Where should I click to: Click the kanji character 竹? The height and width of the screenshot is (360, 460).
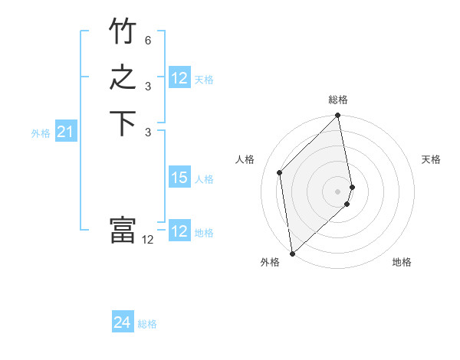123,32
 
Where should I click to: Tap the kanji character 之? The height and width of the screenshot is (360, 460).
123,79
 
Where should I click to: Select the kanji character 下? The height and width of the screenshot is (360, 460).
123,125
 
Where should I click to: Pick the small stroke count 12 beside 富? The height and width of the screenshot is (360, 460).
148,239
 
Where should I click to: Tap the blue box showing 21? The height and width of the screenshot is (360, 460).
66,133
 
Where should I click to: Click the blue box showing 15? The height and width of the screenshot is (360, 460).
179,178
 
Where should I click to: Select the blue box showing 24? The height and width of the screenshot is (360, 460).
122,323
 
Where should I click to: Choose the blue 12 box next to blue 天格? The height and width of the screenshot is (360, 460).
179,78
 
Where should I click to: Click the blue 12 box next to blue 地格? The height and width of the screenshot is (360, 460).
179,231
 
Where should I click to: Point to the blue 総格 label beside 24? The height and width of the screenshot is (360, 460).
147,324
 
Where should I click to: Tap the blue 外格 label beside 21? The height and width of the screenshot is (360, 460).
41,133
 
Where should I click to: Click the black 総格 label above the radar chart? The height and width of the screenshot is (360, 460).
338,100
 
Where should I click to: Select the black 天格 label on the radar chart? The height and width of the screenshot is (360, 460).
431,159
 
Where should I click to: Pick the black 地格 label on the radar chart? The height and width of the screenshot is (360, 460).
402,262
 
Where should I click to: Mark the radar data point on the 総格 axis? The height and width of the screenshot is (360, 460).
338,116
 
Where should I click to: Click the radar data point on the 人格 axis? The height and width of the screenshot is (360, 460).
280,172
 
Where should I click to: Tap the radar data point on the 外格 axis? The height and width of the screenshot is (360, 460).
292,253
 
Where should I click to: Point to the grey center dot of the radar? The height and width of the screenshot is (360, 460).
338,191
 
